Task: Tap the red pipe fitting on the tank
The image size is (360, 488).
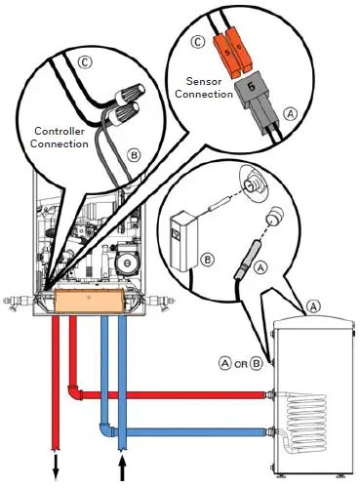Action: [269, 395]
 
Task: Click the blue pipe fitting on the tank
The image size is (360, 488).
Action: [269, 430]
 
